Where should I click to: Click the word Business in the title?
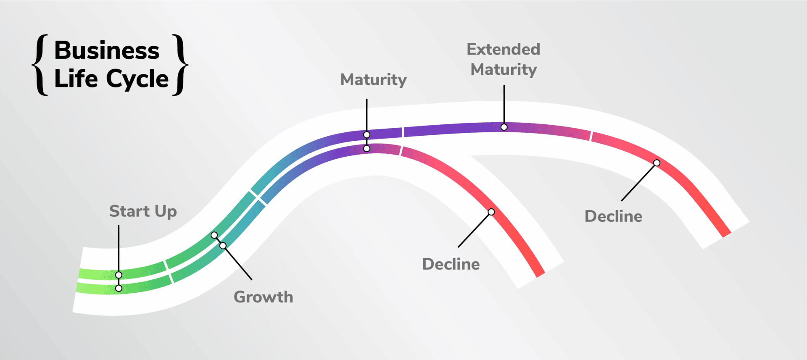[x=107, y=50]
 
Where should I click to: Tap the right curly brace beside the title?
[x=180, y=65]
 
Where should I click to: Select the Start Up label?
[x=143, y=211]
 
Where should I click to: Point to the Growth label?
[x=264, y=297]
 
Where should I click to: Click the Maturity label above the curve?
[x=374, y=80]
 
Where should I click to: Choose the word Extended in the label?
[x=504, y=49]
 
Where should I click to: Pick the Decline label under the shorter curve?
[x=451, y=264]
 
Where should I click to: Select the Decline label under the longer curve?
[x=614, y=216]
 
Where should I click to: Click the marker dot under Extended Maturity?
[x=504, y=127]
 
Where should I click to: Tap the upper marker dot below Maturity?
[x=367, y=135]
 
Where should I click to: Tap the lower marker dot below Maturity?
[x=367, y=149]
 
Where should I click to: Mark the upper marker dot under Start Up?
[x=119, y=275]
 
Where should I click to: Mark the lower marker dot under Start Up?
[x=119, y=289]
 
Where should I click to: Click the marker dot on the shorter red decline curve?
[x=491, y=212]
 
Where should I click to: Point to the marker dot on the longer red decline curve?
[x=657, y=163]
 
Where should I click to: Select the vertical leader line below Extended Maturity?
[x=504, y=105]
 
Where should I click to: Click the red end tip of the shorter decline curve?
[x=541, y=274]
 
